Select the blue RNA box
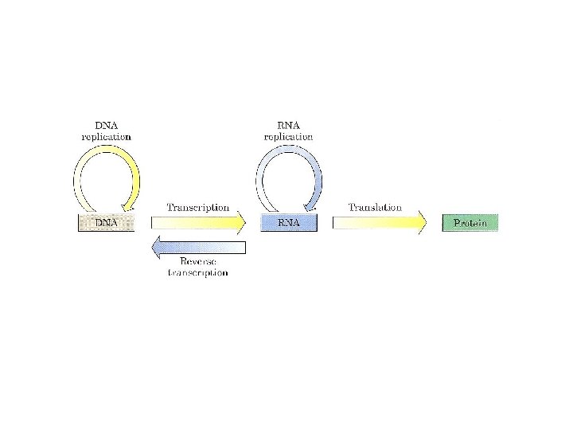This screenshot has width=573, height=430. [x=289, y=223]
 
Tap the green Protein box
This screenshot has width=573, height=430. [x=470, y=223]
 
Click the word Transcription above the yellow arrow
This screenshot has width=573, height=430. [x=197, y=207]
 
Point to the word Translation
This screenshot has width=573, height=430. [x=375, y=207]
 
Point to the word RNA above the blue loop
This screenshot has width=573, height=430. [x=288, y=126]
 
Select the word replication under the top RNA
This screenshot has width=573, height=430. [x=288, y=137]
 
